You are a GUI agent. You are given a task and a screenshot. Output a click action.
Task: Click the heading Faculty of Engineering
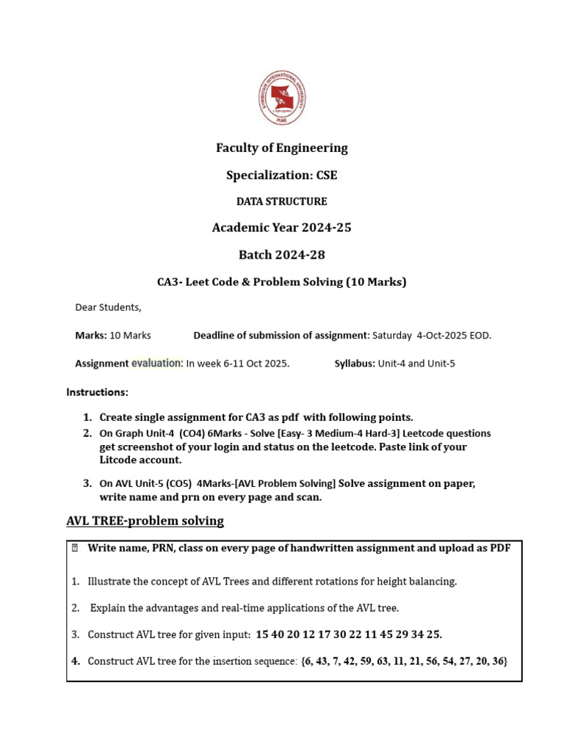pyautogui.click(x=281, y=148)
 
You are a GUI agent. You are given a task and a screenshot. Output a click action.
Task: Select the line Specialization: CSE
pyautogui.click(x=281, y=176)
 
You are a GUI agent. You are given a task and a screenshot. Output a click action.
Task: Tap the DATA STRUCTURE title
pyautogui.click(x=281, y=201)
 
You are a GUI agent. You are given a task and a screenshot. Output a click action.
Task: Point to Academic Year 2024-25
pyautogui.click(x=281, y=228)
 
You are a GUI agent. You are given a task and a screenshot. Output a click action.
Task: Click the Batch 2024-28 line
pyautogui.click(x=281, y=255)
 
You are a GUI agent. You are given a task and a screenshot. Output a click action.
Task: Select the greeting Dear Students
pyautogui.click(x=109, y=308)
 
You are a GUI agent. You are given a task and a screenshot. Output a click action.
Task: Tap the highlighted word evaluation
pyautogui.click(x=157, y=363)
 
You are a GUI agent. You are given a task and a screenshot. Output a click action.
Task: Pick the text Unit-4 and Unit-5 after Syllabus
pyautogui.click(x=416, y=364)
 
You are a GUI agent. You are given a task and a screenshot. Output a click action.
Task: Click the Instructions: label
pyautogui.click(x=98, y=392)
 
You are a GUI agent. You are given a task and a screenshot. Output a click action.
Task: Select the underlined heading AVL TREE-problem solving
pyautogui.click(x=145, y=521)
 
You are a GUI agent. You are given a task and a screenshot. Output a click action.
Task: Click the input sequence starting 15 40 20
pyautogui.click(x=349, y=634)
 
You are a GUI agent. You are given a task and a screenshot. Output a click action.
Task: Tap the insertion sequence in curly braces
pyautogui.click(x=403, y=661)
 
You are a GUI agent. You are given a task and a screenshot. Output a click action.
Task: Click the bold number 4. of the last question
pyautogui.click(x=76, y=661)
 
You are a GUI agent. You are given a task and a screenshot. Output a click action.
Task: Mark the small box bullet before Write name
pyautogui.click(x=75, y=548)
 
